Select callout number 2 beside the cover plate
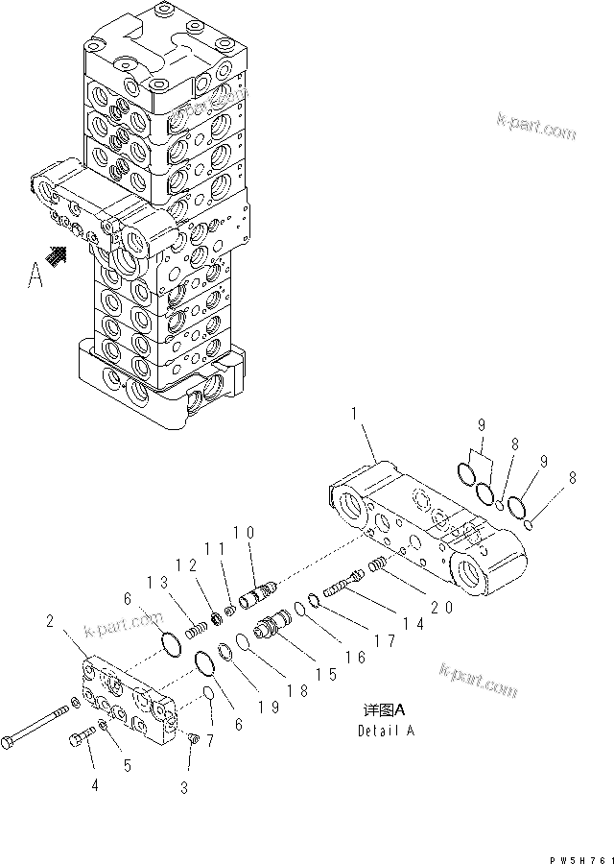[50, 622]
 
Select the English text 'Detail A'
[388, 730]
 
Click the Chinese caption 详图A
[386, 710]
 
